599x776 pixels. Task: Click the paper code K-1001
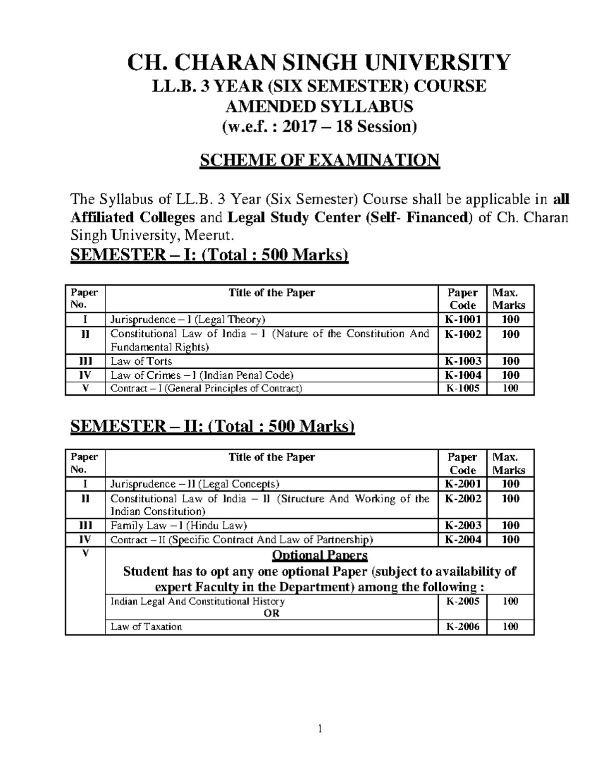463,320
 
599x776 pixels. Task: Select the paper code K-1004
463,375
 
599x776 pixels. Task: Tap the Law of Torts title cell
141,361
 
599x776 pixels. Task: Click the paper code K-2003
463,525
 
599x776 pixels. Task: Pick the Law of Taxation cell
146,627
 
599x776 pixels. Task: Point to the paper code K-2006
463,627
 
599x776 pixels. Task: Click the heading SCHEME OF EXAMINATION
319,160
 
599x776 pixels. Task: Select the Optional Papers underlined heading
319,555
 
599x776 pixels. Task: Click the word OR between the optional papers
272,613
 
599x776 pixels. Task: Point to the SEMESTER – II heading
212,426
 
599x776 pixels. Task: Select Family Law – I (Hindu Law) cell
179,525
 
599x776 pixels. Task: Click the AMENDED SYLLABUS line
319,106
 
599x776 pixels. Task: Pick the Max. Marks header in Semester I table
509,299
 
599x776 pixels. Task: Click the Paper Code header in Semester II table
463,463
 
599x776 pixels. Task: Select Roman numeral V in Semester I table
85,388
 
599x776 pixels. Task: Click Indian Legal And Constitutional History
198,601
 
